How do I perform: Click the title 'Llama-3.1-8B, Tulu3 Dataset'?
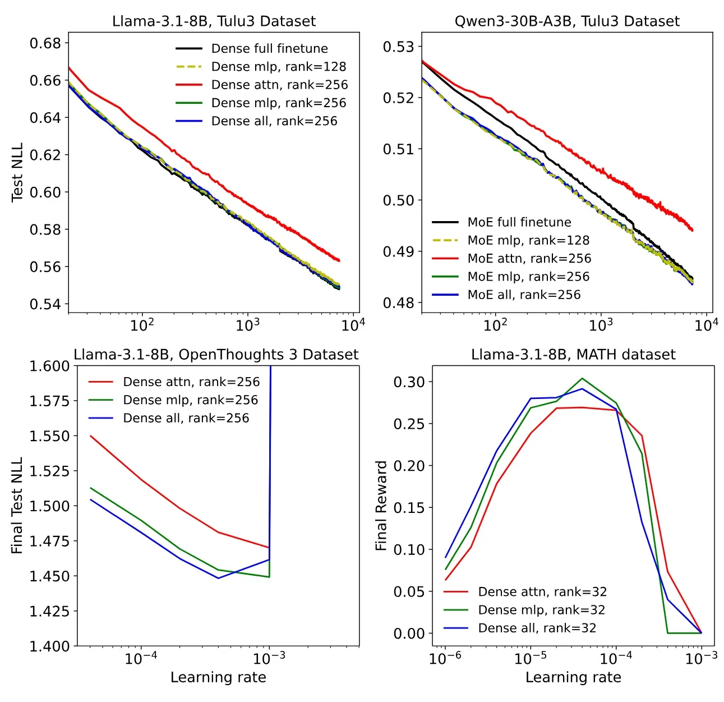214,21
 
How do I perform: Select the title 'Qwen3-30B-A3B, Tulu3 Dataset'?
567,21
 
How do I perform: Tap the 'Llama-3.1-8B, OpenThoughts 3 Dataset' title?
216,355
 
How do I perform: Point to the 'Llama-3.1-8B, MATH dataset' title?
573,355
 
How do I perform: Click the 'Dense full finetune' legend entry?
269,48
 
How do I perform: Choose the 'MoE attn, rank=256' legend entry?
529,258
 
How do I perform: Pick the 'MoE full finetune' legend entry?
519,222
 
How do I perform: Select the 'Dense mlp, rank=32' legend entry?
541,610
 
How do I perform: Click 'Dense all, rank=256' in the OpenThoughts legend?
186,418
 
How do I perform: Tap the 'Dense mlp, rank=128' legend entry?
278,67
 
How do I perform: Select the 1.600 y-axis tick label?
49,366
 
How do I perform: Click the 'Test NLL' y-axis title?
17,172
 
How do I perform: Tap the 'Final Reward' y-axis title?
381,506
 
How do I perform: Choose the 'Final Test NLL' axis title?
17,505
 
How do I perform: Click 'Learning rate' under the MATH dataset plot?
573,677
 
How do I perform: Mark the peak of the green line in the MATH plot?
582,378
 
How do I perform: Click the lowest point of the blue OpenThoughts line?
218,578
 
